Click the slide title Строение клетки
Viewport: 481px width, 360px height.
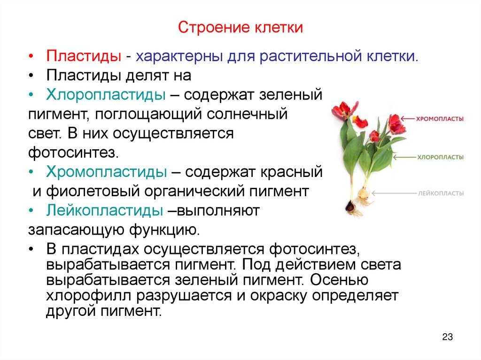240,28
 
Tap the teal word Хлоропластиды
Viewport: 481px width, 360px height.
106,95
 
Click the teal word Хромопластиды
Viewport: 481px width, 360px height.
107,172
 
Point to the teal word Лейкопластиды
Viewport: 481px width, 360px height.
104,211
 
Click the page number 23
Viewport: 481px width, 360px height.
447,337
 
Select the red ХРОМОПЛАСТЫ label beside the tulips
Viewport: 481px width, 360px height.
440,119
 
